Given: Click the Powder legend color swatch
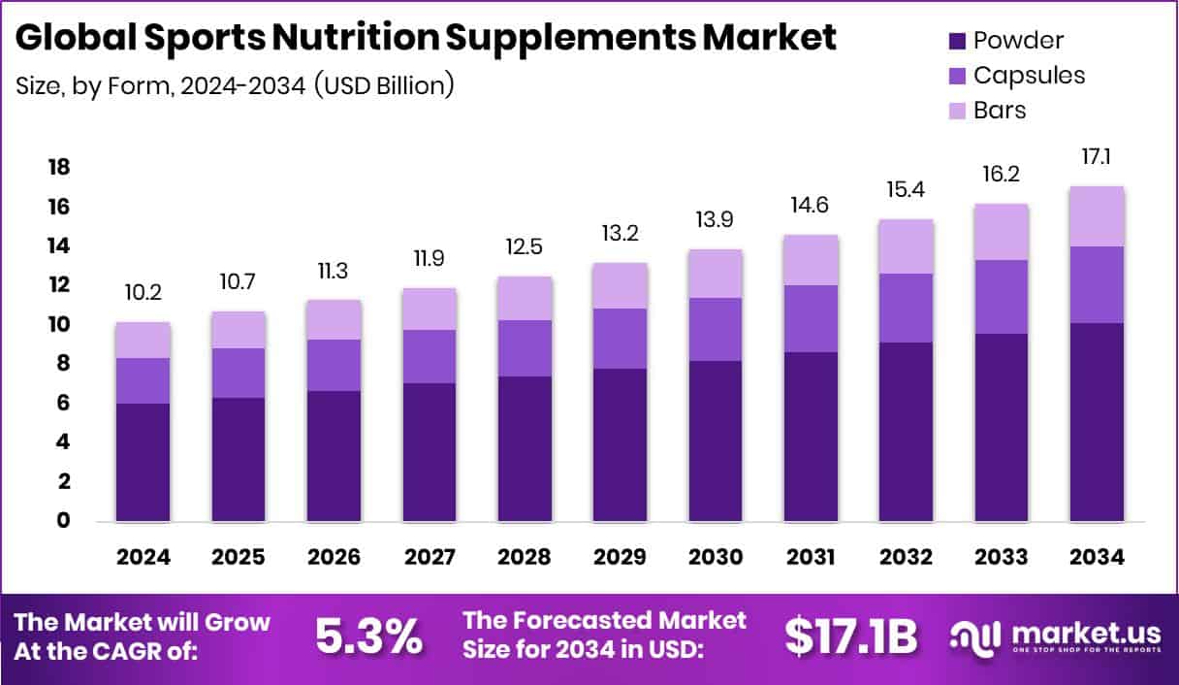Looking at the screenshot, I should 957,41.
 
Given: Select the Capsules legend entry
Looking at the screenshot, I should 1029,76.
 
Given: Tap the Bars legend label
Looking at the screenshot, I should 1000,110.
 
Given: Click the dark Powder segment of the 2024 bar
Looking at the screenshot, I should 143,462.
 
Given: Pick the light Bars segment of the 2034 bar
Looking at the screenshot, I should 1098,216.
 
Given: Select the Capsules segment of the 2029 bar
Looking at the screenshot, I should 621,339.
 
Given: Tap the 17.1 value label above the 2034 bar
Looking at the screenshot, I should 1098,154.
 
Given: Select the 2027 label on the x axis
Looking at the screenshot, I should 430,558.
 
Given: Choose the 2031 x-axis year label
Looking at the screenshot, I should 811,558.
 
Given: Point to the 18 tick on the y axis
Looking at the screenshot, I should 59,168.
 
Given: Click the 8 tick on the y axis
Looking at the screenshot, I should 63,364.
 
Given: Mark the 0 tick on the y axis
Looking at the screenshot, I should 63,521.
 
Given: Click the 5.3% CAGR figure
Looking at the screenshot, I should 368,636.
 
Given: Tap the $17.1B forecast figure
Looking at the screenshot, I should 850,636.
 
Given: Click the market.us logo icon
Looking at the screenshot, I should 974,637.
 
